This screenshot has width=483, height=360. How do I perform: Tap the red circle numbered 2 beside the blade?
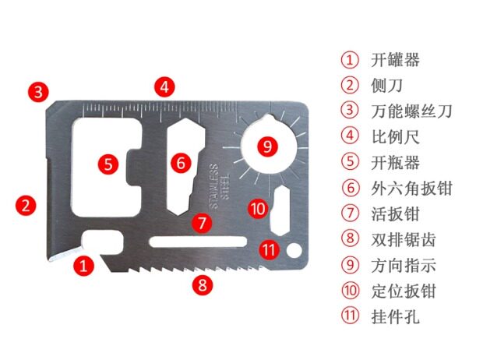point(27,206)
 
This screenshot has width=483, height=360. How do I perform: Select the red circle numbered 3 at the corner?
point(38,91)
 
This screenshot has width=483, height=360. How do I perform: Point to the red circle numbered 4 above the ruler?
point(163,86)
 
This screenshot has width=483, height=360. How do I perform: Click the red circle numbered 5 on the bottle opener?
point(108,164)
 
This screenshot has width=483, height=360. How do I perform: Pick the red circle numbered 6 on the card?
point(181,163)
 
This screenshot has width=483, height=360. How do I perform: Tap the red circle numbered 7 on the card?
point(202,222)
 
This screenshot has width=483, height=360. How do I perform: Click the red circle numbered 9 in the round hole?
point(266,146)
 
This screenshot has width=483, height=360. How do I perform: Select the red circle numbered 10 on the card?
point(259,208)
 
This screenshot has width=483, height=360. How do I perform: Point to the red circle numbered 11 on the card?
point(268,250)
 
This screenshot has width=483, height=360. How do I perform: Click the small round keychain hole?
point(294,250)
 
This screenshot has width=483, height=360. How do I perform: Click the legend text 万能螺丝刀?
point(412,111)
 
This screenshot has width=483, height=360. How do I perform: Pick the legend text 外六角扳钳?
point(412,188)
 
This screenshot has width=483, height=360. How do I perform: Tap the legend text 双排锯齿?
point(404,239)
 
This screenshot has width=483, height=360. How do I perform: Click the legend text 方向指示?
point(404,265)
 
